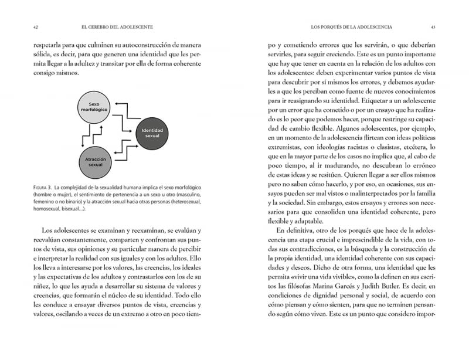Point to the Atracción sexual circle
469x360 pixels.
(x=96, y=161)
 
